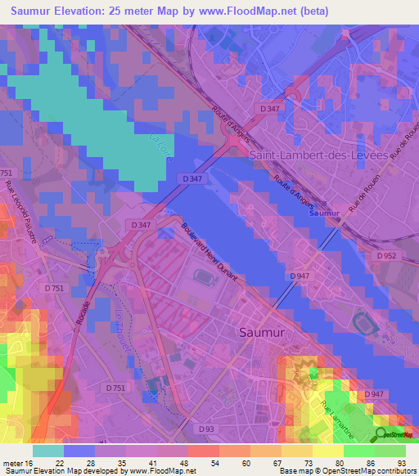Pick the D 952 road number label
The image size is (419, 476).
tap(390, 256)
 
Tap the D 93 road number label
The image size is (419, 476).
tap(207, 428)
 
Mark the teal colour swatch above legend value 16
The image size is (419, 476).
tap(48, 451)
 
